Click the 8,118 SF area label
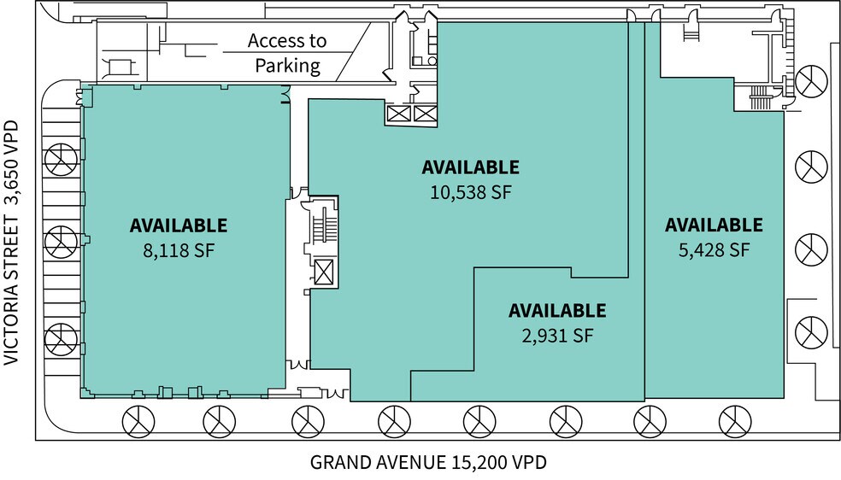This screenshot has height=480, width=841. [178, 250]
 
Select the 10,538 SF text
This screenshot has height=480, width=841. [470, 192]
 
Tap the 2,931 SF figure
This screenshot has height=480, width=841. [557, 336]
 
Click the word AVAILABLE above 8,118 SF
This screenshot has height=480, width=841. [178, 225]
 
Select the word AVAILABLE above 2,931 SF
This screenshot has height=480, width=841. [557, 311]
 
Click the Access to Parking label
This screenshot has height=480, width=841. [286, 53]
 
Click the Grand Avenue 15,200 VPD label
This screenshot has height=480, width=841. [427, 463]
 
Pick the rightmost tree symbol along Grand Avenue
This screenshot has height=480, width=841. [732, 420]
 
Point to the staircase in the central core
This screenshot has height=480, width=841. [323, 225]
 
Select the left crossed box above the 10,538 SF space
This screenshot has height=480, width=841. [399, 114]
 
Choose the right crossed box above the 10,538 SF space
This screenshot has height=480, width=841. [425, 114]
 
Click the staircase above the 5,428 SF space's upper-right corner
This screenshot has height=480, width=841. [757, 99]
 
